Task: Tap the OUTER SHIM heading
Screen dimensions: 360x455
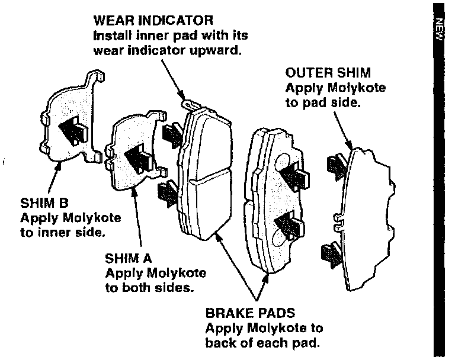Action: pyautogui.click(x=328, y=73)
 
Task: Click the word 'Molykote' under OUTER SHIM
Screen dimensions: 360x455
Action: pyautogui.click(x=360, y=88)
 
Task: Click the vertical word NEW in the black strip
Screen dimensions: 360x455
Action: pyautogui.click(x=439, y=30)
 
